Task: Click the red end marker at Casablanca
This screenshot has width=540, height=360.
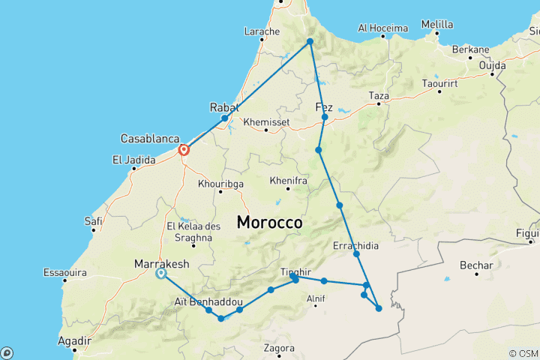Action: [183, 150]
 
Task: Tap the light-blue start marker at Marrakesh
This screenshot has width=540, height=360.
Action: [161, 274]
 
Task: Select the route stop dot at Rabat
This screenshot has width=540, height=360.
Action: [224, 118]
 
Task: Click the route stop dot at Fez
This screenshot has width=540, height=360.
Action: [325, 118]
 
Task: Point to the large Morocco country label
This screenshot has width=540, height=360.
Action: [269, 223]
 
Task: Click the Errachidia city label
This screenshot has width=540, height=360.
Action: [355, 245]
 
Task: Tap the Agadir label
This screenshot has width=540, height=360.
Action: [74, 340]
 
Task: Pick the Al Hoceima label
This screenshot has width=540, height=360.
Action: [382, 28]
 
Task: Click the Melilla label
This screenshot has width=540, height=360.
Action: [437, 24]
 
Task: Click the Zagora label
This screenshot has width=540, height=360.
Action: [278, 348]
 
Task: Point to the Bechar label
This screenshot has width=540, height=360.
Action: [478, 265]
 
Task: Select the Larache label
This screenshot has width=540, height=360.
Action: [262, 31]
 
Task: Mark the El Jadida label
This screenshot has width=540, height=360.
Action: [133, 160]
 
